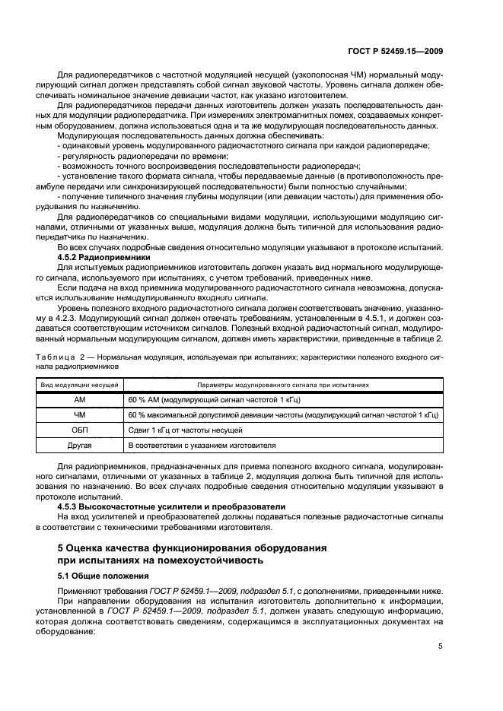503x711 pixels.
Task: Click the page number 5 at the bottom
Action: tap(441, 647)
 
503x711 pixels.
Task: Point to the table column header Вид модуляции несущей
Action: tap(80, 385)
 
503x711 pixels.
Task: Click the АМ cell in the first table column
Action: tap(80, 399)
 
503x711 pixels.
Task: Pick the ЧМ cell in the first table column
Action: tap(80, 414)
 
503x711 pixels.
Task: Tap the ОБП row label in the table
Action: tap(80, 430)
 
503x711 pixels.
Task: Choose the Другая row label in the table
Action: tap(80, 445)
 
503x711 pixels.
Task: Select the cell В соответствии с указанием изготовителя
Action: tap(202, 445)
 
